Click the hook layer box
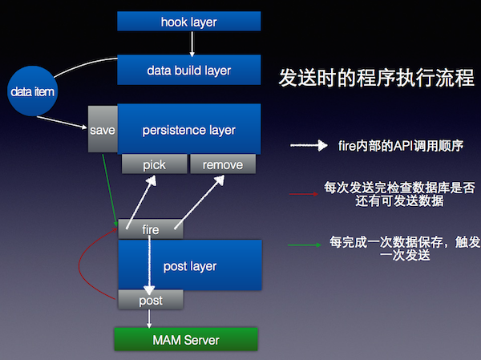click(189, 21)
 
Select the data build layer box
click(189, 70)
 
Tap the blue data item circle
click(33, 91)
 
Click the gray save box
click(103, 129)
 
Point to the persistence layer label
click(189, 130)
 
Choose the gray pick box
click(154, 164)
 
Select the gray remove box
click(223, 164)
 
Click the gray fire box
click(151, 229)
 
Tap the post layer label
click(190, 266)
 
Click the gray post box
click(151, 300)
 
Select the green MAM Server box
click(186, 339)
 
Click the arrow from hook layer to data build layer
click(192, 44)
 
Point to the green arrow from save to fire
click(110, 190)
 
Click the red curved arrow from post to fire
click(79, 265)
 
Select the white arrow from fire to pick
click(141, 203)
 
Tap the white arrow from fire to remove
click(200, 203)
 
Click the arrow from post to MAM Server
click(149, 318)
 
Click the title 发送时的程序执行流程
click(377, 78)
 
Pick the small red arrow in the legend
click(304, 194)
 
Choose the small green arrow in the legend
click(305, 245)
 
